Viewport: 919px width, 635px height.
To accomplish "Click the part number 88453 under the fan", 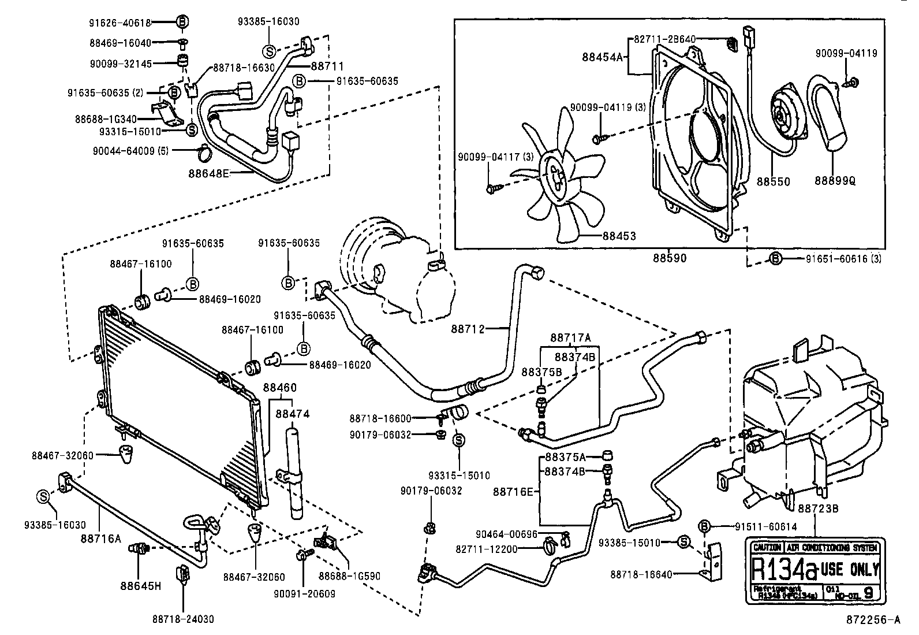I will click(x=619, y=236).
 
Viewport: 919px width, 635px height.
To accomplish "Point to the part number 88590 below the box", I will click(x=670, y=258).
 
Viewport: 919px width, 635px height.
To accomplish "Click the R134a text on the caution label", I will click(x=784, y=570).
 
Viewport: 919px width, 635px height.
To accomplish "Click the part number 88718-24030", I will click(x=183, y=619).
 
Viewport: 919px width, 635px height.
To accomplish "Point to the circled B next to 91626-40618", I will click(x=182, y=23).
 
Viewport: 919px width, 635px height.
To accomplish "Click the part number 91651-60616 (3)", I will click(x=843, y=259).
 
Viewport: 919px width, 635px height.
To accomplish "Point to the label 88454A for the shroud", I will click(x=604, y=57).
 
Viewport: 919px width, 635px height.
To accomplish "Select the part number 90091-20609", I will click(x=306, y=593).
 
